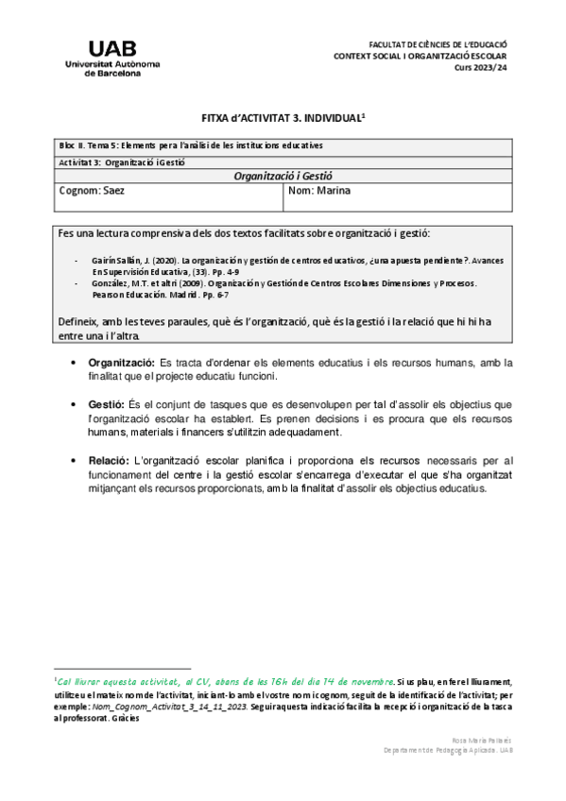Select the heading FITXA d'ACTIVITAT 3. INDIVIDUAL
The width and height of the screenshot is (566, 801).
(x=283, y=119)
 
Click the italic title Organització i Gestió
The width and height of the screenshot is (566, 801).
(x=283, y=176)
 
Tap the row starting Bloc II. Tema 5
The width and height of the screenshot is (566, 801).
(x=189, y=145)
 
